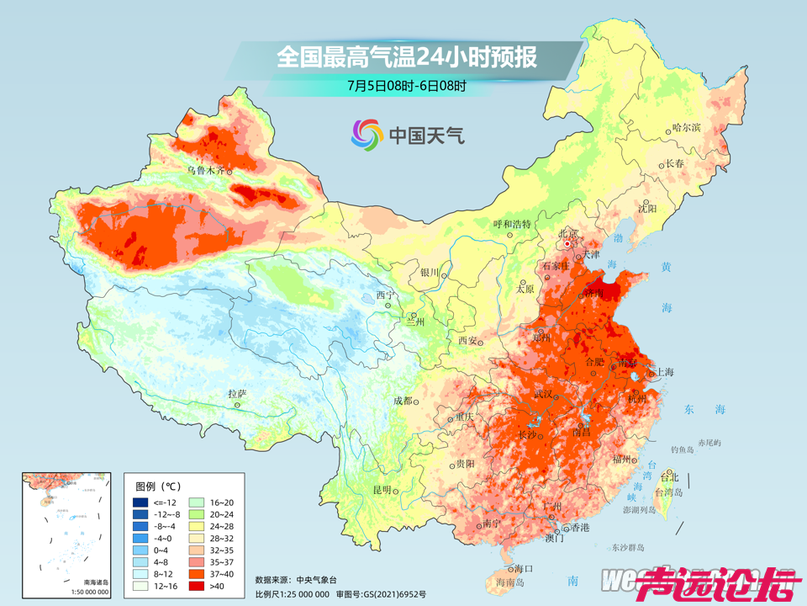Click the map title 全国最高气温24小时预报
pyautogui.click(x=406, y=57)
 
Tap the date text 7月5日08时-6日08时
pyautogui.click(x=406, y=85)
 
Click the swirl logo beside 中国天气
pyautogui.click(x=367, y=133)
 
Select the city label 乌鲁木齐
pyautogui.click(x=206, y=169)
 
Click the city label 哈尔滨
pyautogui.click(x=686, y=128)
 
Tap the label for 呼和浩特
pyautogui.click(x=511, y=224)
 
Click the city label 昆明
pyautogui.click(x=382, y=490)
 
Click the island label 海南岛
pyautogui.click(x=510, y=582)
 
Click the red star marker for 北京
pyautogui.click(x=568, y=244)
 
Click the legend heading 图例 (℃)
pyautogui.click(x=159, y=486)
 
